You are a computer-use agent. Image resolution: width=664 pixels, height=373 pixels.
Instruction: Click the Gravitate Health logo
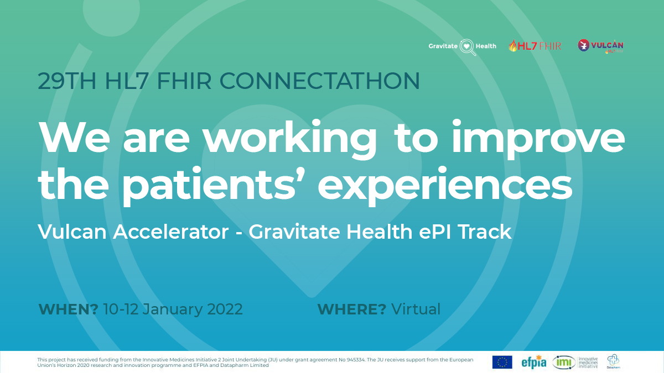point(463,46)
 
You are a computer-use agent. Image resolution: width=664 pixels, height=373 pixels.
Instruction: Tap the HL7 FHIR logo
point(535,46)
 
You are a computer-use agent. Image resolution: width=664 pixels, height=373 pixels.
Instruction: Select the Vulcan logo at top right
point(601,46)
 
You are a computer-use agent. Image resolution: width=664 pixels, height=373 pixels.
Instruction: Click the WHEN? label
point(68,309)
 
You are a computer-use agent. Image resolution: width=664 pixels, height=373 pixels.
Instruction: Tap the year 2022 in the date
point(225,309)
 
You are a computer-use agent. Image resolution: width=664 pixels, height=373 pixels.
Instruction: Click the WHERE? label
point(351,309)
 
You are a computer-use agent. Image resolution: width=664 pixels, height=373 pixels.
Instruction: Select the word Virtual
point(416,309)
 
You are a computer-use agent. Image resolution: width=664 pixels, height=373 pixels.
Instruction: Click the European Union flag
point(502,362)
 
